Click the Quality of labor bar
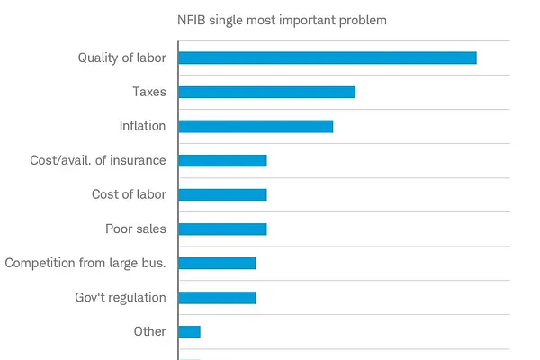tap(328, 58)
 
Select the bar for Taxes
tap(267, 93)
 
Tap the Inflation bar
tap(256, 126)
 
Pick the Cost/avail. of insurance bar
tap(223, 160)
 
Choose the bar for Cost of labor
tap(223, 194)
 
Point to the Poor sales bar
tap(223, 229)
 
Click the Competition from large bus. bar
tap(217, 263)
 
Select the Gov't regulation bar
tap(217, 298)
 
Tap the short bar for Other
tap(189, 332)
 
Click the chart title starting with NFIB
tap(282, 21)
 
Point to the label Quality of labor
tap(122, 58)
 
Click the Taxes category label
tap(149, 92)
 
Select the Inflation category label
tap(142, 126)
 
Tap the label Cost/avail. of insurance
tap(98, 160)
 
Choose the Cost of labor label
tap(129, 194)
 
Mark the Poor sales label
tap(136, 229)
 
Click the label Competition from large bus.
tap(85, 263)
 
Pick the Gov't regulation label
tap(121, 297)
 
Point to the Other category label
tap(149, 331)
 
